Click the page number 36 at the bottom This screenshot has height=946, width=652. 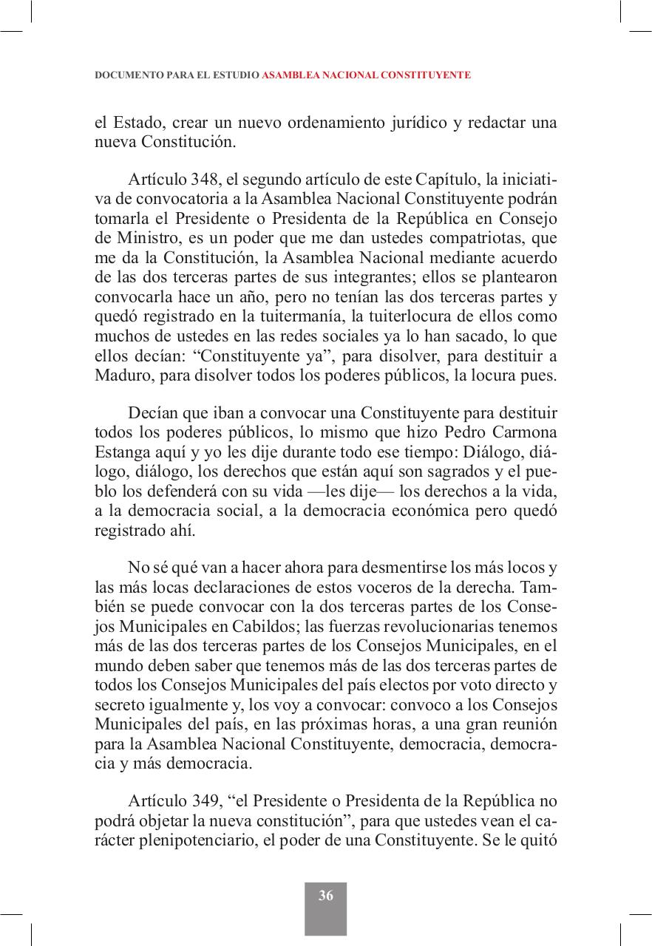tap(325, 896)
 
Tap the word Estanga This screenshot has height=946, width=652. tap(124, 450)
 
